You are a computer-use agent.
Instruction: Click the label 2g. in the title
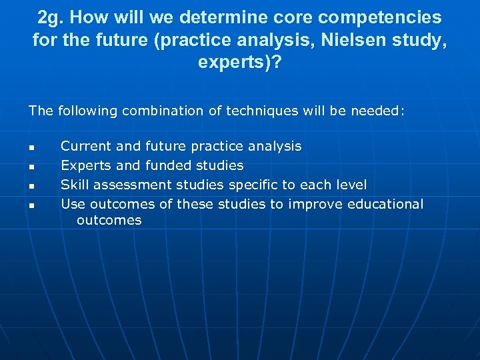coord(51,17)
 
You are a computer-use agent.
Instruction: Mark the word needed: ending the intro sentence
coord(378,111)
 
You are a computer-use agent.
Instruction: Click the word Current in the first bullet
coord(85,146)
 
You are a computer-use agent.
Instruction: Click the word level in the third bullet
coord(351,185)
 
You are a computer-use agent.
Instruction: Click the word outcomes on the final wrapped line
coord(109,221)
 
